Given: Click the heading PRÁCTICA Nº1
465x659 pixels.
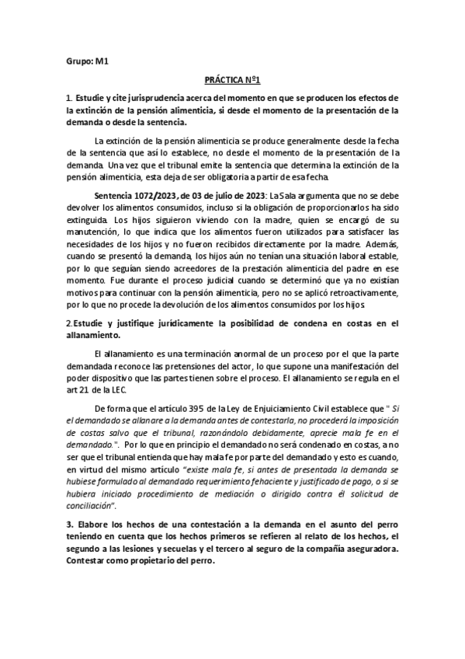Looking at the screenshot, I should [232, 80].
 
